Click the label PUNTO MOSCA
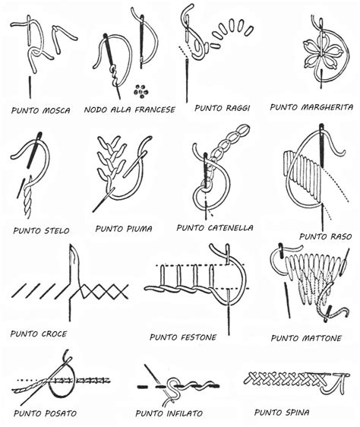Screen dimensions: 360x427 click(41, 110)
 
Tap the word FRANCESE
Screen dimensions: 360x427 click(155, 109)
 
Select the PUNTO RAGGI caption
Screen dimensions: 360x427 click(223, 108)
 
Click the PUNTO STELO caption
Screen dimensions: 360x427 click(41, 231)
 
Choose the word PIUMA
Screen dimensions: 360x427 click(139, 229)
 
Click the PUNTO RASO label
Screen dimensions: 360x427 click(326, 236)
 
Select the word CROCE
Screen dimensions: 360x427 click(54, 334)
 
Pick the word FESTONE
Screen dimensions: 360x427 click(199, 337)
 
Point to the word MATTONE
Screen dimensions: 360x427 click(323, 338)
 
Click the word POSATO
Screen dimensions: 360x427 click(61, 413)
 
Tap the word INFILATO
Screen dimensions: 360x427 click(185, 413)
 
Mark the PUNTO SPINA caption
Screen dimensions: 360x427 click(282, 413)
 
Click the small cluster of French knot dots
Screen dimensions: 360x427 click(141, 91)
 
